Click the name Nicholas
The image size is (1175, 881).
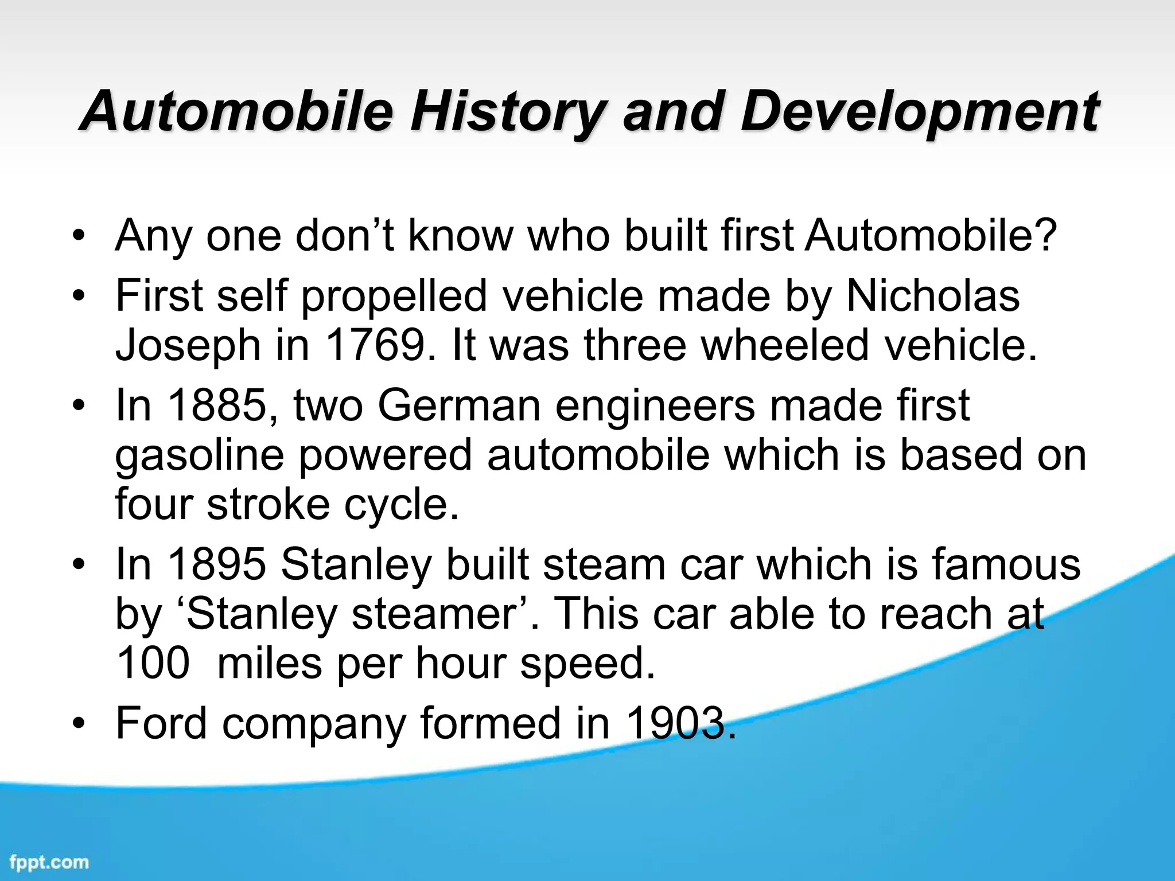coord(933,296)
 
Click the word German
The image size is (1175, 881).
coord(459,406)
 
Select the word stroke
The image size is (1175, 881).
coord(268,504)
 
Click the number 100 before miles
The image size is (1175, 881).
coord(152,663)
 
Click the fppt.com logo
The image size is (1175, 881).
coord(49,862)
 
